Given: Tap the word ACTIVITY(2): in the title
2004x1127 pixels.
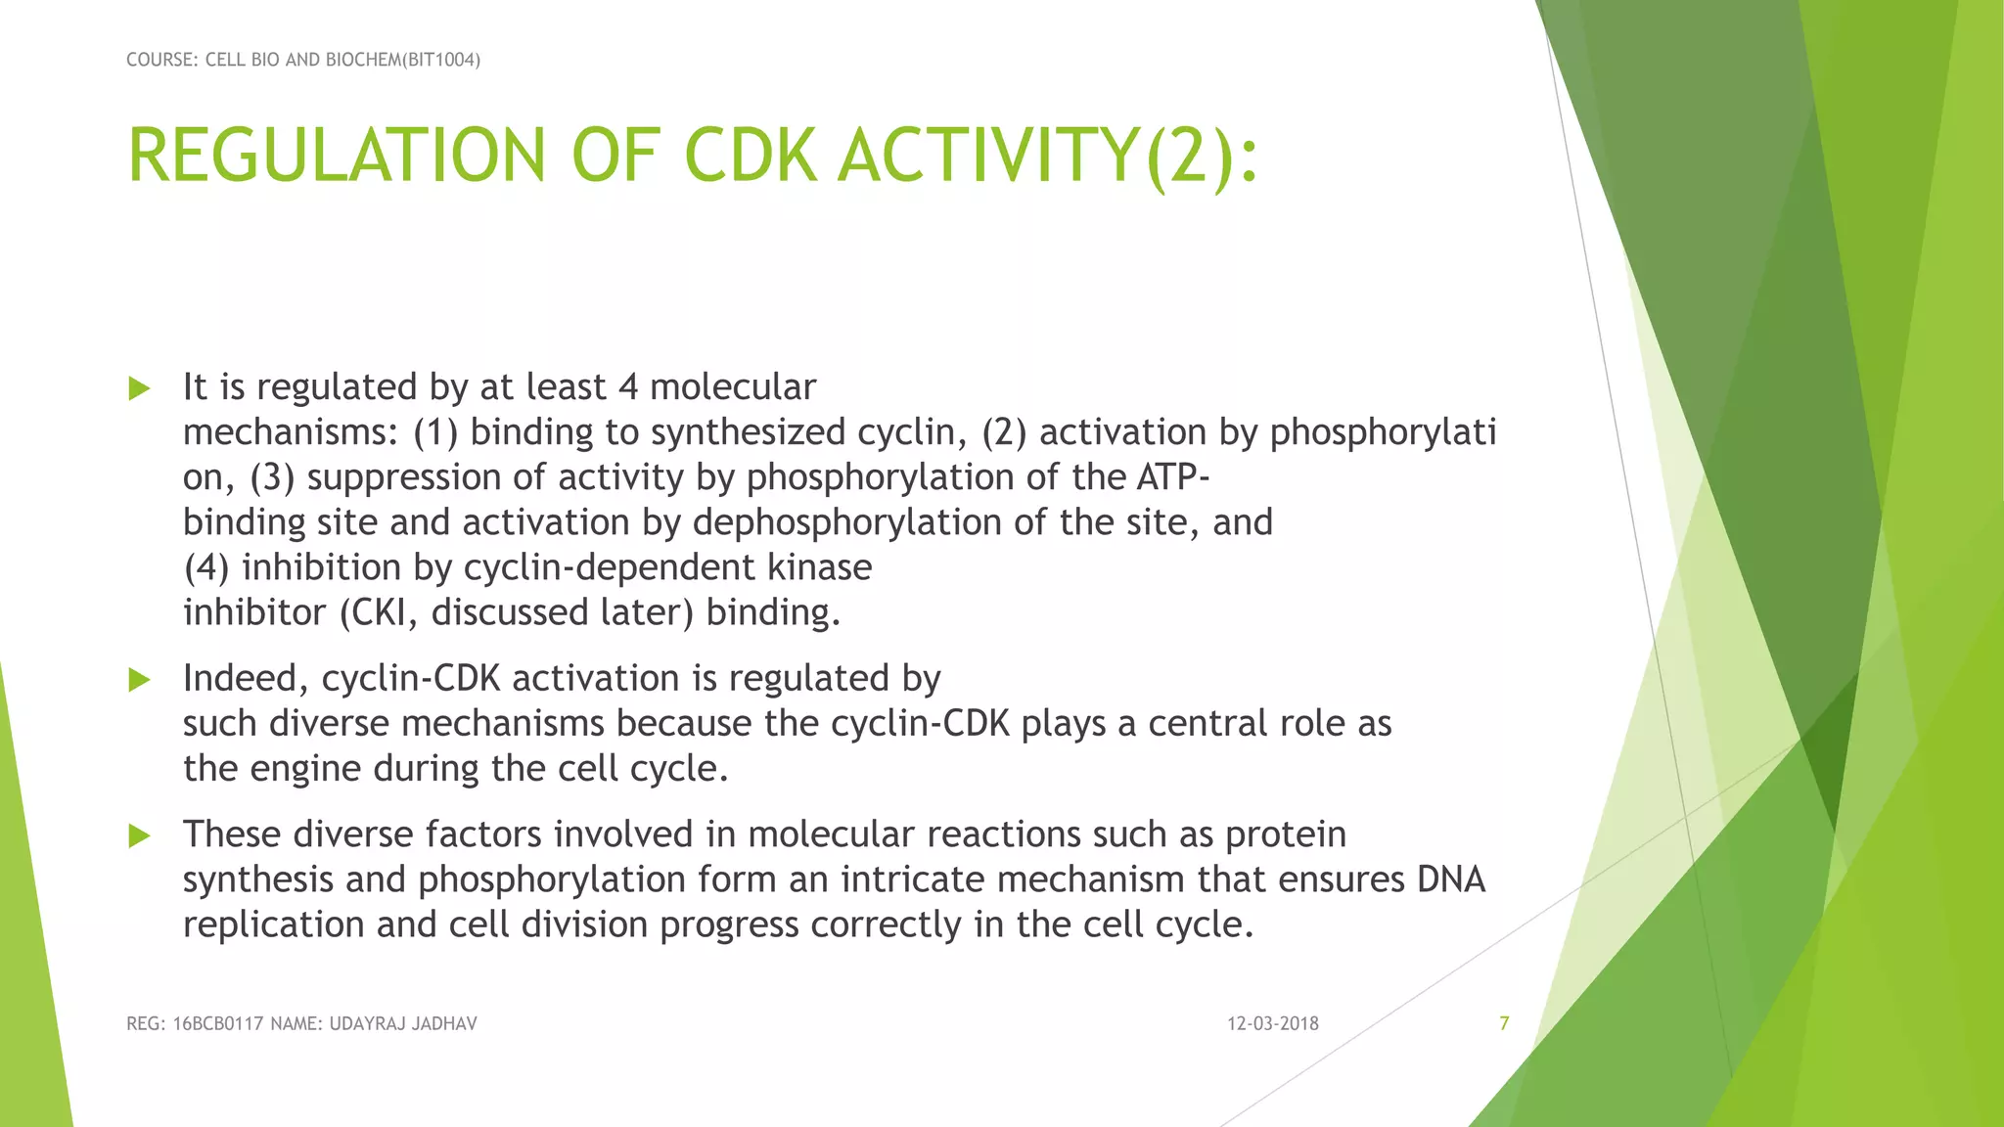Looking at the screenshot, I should tap(1047, 157).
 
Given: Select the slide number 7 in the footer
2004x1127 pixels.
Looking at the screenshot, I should tap(1504, 1023).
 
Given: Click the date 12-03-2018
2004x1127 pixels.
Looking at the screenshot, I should tap(1272, 1023).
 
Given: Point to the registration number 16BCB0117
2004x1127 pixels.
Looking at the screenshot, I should tap(218, 1024).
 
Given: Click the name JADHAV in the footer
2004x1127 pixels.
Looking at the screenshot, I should tap(443, 1024).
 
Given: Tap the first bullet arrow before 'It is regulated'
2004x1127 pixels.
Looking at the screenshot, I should tap(139, 389).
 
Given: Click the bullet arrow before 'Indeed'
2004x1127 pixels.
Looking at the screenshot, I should tap(139, 680).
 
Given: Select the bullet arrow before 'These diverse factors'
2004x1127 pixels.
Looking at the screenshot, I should tap(139, 835).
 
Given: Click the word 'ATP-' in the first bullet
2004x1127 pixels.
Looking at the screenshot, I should tap(1173, 477).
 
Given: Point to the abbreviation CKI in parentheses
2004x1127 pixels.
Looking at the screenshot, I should tap(384, 612).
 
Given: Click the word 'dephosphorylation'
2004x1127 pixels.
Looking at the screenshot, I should tap(847, 522).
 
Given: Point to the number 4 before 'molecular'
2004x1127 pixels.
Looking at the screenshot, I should tap(628, 387).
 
